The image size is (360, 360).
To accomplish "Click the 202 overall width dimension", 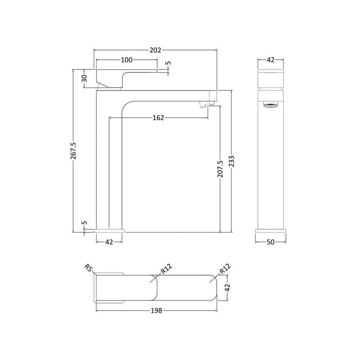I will point(155,50).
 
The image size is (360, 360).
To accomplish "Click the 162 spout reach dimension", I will point(158,118).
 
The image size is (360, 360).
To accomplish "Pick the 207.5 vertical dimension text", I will point(220,169).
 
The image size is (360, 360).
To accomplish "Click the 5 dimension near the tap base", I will point(84,224).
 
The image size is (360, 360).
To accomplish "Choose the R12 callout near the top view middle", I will point(166,269).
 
